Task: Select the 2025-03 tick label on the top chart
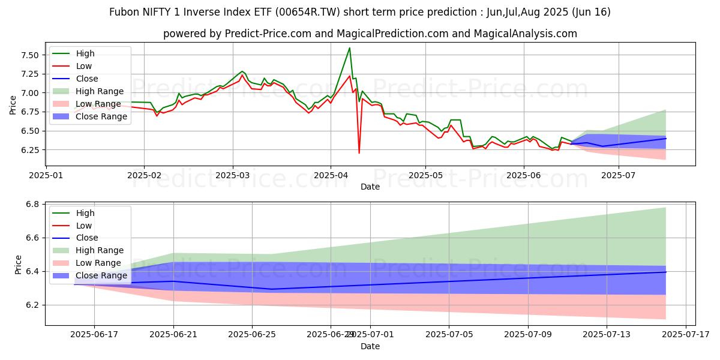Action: (x=233, y=175)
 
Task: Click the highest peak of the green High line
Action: (x=350, y=48)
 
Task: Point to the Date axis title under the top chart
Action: (x=370, y=187)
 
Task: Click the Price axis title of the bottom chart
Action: (x=18, y=265)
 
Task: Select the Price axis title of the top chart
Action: (x=13, y=105)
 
